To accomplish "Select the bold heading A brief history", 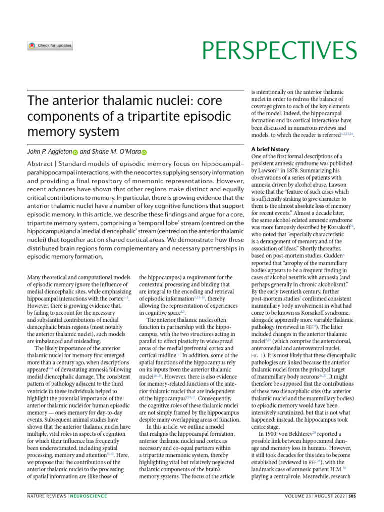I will coord(270,149).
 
